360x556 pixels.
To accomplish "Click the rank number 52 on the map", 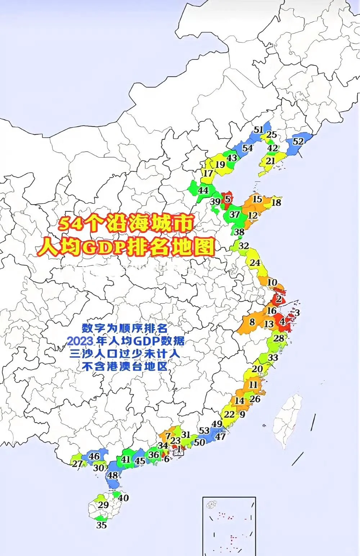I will (298, 141).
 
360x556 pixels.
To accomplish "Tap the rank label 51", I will (258, 130).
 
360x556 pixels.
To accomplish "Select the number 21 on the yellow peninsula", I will (270, 162).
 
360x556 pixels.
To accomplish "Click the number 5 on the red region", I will (228, 199).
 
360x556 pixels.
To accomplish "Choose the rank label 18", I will (276, 202).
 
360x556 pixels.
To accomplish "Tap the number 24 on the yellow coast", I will (255, 263).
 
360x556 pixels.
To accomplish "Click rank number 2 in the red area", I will (279, 299).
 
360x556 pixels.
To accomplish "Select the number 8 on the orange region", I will (252, 321).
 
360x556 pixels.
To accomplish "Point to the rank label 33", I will (273, 357).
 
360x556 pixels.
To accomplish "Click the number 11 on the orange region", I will (253, 385).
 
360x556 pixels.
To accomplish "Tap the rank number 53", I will (204, 431).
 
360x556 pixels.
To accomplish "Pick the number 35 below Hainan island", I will (102, 525).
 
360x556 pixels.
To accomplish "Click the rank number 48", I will (113, 475).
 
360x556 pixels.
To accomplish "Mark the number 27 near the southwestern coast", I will (77, 464).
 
